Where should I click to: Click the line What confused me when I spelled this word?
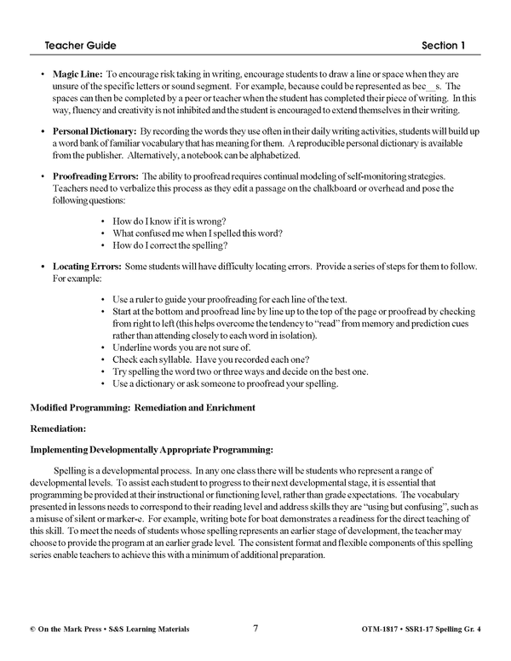(198, 233)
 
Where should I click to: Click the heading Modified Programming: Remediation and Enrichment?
(142, 408)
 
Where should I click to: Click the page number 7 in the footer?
(255, 629)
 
